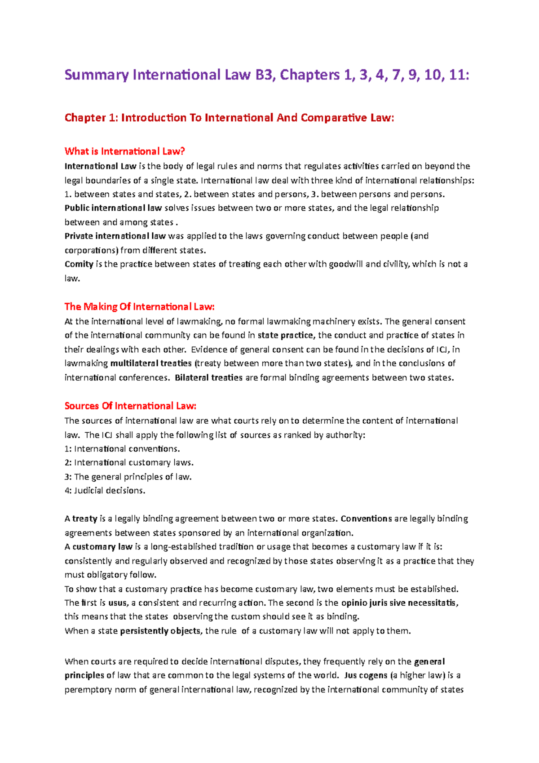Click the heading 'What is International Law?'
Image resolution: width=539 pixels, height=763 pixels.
(125, 151)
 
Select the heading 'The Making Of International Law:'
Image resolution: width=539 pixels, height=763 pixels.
(140, 306)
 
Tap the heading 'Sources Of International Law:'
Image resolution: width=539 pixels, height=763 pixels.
(131, 406)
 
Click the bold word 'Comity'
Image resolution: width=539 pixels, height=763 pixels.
(79, 264)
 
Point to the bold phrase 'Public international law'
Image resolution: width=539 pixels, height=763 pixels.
(113, 208)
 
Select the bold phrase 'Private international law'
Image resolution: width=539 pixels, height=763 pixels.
(115, 236)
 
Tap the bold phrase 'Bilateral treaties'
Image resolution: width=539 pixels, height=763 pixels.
(209, 378)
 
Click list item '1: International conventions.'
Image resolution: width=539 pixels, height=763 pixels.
(122, 449)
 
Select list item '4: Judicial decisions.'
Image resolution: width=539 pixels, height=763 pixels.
(105, 491)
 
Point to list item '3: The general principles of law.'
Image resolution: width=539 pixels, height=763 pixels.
(128, 477)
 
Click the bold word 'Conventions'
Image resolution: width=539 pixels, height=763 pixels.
(367, 519)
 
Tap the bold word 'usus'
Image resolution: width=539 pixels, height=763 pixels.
(118, 603)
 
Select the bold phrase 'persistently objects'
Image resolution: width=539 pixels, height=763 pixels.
(160, 631)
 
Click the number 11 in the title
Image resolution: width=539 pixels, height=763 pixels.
(456, 75)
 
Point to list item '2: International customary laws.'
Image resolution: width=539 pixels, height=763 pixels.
(129, 463)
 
